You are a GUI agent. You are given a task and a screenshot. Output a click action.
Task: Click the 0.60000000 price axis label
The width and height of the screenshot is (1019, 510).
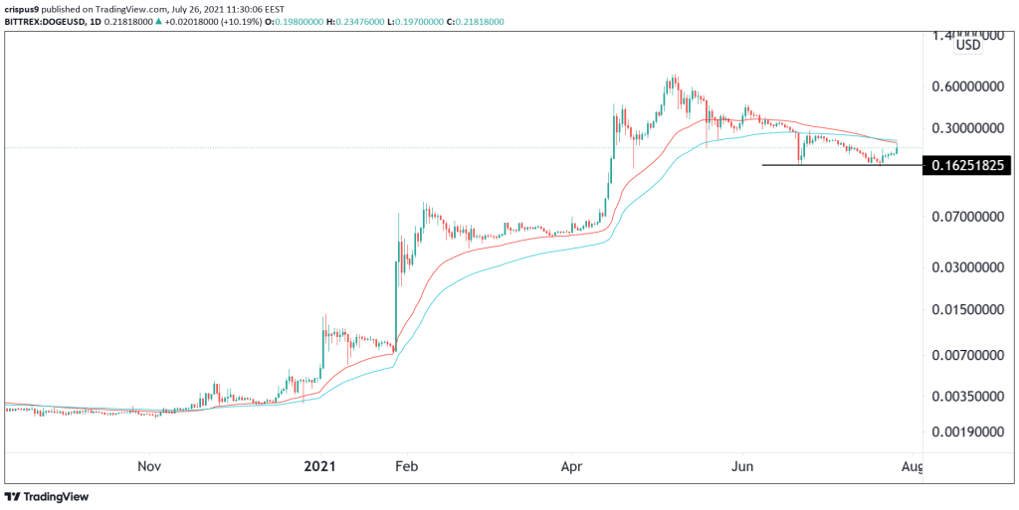tap(968, 86)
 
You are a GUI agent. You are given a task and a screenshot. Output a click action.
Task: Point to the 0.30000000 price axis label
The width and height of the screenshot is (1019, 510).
tap(968, 128)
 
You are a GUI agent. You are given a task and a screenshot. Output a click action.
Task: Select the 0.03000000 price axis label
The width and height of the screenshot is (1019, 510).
tap(968, 268)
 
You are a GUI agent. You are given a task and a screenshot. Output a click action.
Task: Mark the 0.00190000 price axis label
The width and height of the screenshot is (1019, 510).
tap(968, 433)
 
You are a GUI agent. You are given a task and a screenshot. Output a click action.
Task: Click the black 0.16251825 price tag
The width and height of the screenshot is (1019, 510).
tap(968, 165)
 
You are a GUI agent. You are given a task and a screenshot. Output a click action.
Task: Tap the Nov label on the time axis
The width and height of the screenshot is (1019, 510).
tap(149, 465)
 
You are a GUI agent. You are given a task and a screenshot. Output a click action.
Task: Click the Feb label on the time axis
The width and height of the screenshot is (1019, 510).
tap(404, 465)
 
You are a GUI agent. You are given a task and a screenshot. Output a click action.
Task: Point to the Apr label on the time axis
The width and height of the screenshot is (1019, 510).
tap(571, 465)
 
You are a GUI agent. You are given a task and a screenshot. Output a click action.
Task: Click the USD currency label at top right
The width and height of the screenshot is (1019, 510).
tap(968, 45)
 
